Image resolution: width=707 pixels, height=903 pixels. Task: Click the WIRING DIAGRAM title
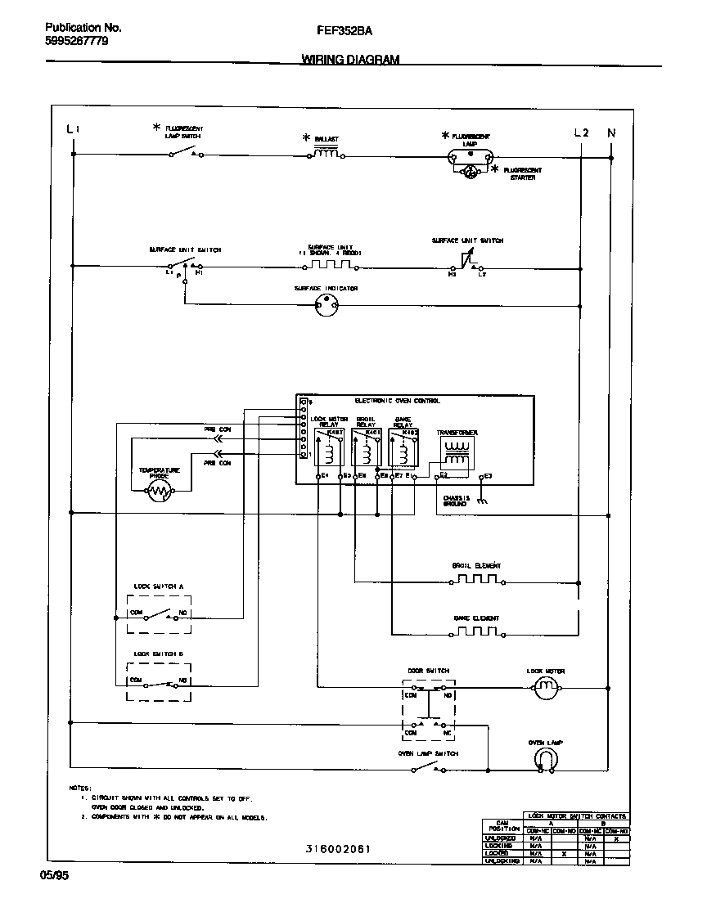coord(350,60)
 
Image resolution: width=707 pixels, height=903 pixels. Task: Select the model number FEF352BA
coord(344,30)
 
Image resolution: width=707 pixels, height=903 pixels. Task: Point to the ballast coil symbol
coord(326,153)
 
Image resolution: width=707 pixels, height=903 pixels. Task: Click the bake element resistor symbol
coord(476,632)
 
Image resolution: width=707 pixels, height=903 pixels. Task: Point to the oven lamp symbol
coord(546,761)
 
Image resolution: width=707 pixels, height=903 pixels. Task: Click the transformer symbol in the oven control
coord(457,453)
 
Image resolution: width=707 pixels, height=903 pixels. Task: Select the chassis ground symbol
coord(483,501)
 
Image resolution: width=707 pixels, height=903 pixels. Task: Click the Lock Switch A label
coord(159,586)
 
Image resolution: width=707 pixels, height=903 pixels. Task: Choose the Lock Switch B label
coord(159,654)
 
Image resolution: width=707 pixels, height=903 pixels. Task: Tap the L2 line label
coord(581,132)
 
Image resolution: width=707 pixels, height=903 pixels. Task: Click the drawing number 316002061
coord(337,849)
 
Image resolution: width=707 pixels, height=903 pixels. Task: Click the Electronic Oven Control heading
coord(397,401)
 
